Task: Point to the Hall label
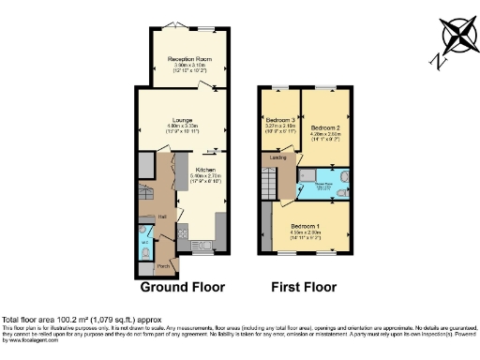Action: [162, 217]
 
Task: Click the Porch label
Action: [162, 265]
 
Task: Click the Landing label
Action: [278, 157]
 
